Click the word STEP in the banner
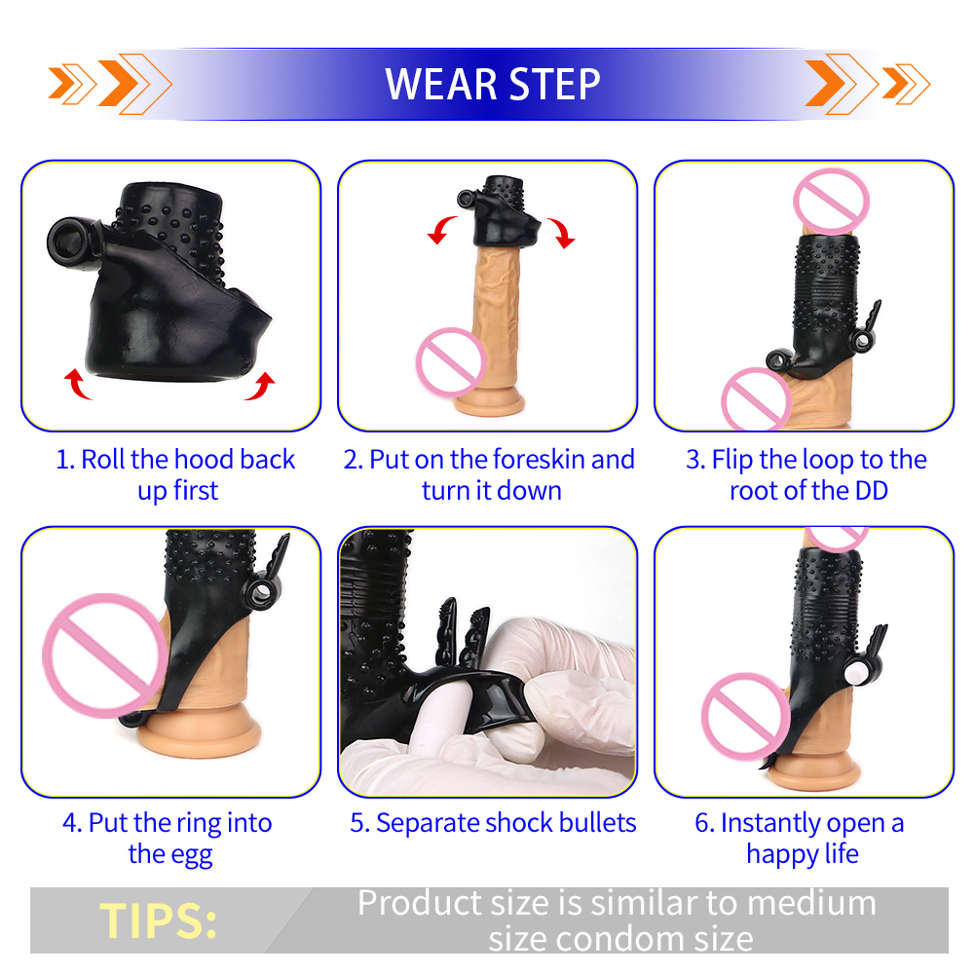(554, 84)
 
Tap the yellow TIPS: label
(159, 920)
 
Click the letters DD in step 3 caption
(872, 491)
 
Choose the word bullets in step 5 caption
(598, 823)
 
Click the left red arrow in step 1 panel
(78, 383)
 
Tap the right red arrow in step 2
(561, 233)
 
